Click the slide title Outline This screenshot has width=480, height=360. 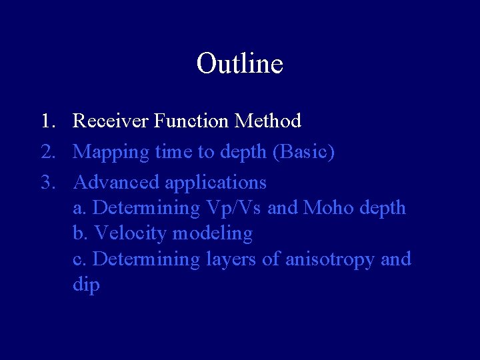[239, 64]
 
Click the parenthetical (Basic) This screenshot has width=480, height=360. [303, 152]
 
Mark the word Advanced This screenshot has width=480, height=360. [116, 182]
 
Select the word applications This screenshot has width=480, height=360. [215, 183]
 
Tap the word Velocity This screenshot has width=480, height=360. [131, 234]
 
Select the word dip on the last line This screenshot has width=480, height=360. [86, 285]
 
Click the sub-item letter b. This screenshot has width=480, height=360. [80, 233]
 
